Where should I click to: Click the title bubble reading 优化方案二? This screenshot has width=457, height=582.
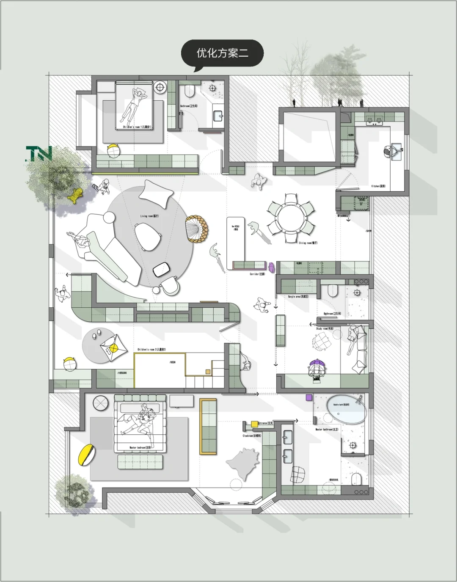[222, 53]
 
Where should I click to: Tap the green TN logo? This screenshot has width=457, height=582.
[39, 154]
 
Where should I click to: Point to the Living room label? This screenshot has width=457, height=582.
[149, 216]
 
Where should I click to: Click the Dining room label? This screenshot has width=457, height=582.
[308, 243]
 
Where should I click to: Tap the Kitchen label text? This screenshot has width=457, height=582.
[378, 186]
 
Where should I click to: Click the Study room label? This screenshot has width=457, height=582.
[325, 328]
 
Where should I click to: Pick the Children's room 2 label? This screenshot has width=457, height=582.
[151, 350]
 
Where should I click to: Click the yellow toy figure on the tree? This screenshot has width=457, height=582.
[76, 195]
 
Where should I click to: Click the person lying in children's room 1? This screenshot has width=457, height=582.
[135, 104]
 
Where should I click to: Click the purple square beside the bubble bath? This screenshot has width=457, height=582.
[309, 397]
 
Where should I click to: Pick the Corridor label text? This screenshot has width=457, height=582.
[257, 274]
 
